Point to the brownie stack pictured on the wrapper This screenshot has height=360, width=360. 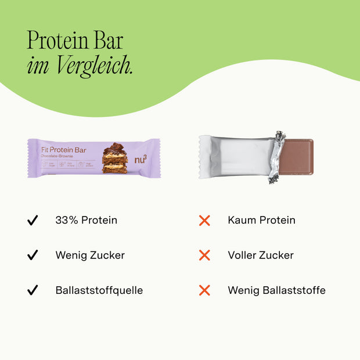click(114, 158)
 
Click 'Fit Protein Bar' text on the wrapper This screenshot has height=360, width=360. click(64, 149)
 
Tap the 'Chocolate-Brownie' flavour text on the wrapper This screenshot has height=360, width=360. click(60, 156)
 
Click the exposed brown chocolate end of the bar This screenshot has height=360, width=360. click(298, 157)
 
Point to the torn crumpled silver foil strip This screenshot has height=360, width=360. click(276, 157)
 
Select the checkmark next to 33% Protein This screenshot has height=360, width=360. click(33, 221)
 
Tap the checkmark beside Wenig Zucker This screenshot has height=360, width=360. click(33, 255)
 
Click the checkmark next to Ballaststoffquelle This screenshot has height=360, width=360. click(33, 290)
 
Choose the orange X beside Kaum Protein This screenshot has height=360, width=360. click(204, 221)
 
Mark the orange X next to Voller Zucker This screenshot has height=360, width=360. click(204, 255)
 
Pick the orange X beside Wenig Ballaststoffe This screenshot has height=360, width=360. click(204, 290)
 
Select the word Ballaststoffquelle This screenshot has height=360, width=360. click(99, 290)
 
